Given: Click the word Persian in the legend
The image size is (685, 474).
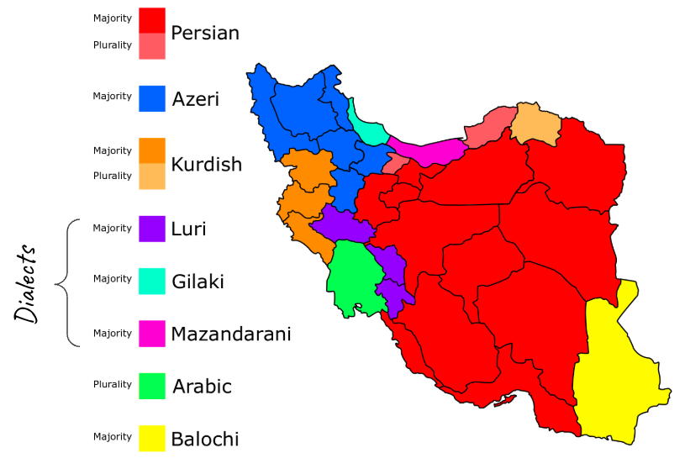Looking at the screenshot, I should pyautogui.click(x=205, y=33).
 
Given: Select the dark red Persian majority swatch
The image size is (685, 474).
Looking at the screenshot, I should pyautogui.click(x=152, y=20).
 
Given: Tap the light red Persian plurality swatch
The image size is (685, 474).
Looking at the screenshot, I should pyautogui.click(x=152, y=46).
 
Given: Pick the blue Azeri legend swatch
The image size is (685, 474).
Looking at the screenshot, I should pyautogui.click(x=152, y=98).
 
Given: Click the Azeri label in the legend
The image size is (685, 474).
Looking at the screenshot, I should pyautogui.click(x=195, y=99).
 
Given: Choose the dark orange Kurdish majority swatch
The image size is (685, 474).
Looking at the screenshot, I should pyautogui.click(x=152, y=150).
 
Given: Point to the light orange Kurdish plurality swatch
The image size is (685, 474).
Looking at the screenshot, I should pyautogui.click(x=152, y=176).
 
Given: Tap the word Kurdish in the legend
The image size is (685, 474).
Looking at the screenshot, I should pyautogui.click(x=206, y=164).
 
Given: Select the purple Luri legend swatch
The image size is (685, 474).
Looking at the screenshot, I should pyautogui.click(x=152, y=229).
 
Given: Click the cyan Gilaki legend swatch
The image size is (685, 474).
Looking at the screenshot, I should pyautogui.click(x=152, y=281).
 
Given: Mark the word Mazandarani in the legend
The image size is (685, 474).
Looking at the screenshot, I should pyautogui.click(x=231, y=334).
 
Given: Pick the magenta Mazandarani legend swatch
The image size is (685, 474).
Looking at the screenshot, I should pyautogui.click(x=152, y=334).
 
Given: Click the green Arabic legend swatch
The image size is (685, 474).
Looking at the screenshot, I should pyautogui.click(x=152, y=386).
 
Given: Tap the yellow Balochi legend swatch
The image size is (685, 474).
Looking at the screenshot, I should pyautogui.click(x=152, y=438).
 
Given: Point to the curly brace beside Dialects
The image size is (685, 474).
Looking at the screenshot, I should pyautogui.click(x=67, y=282).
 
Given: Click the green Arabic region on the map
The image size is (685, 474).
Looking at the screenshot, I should pyautogui.click(x=349, y=282).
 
